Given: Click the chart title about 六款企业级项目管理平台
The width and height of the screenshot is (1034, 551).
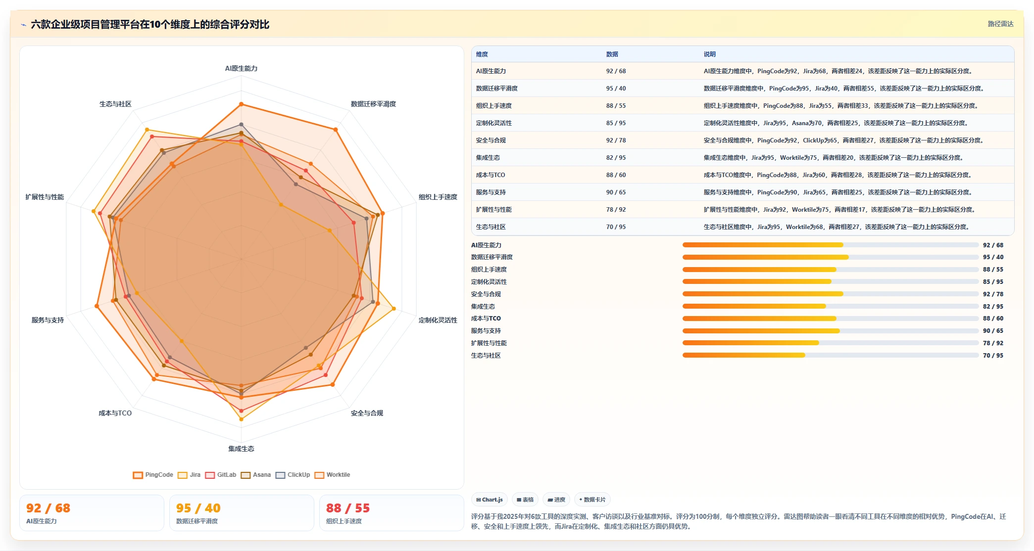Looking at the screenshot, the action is click(x=150, y=24).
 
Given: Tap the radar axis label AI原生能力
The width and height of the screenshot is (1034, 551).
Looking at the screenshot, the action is click(x=241, y=68).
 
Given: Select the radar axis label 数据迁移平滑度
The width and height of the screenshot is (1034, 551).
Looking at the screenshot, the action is click(x=373, y=104).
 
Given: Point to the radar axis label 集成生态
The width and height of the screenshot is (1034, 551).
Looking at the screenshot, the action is click(x=241, y=449).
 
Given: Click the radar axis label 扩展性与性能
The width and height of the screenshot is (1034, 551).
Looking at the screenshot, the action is click(x=45, y=197).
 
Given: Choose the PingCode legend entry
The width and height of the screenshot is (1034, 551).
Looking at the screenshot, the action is click(x=153, y=475).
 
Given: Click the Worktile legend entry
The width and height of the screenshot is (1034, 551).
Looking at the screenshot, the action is click(x=332, y=475).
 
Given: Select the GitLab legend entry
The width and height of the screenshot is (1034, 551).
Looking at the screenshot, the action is click(x=221, y=475).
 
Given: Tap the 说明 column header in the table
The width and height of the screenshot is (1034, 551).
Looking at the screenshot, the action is click(x=710, y=54).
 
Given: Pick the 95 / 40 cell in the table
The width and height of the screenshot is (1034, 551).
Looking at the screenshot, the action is click(x=616, y=89).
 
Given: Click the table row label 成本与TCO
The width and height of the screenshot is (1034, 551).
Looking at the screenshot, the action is click(x=491, y=175).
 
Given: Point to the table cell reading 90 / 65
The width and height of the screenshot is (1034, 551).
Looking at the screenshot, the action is click(x=616, y=192).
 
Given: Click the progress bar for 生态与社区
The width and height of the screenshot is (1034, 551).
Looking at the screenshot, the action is click(x=831, y=355).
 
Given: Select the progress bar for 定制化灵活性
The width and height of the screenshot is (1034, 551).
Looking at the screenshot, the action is click(x=831, y=281).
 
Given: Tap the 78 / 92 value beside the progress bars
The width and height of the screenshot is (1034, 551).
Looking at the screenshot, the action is click(x=993, y=343).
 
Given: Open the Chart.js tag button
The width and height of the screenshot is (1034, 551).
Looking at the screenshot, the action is click(x=490, y=500).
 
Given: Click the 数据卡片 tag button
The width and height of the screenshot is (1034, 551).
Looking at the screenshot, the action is click(x=592, y=500).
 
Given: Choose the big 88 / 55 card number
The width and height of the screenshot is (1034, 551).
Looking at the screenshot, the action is click(x=348, y=508).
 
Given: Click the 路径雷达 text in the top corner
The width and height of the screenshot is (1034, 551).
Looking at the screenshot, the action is click(x=1000, y=24).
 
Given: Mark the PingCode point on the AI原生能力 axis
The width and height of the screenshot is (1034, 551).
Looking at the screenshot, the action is click(x=241, y=104).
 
